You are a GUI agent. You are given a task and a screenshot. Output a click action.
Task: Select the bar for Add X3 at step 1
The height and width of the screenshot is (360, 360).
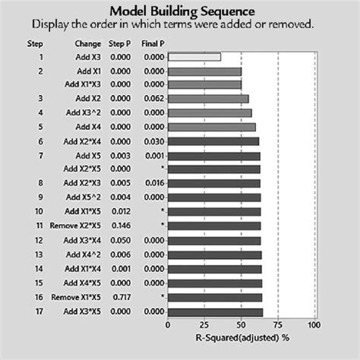pyautogui.click(x=194, y=56)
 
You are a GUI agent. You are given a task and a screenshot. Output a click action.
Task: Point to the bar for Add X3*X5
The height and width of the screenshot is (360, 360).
pyautogui.click(x=215, y=311)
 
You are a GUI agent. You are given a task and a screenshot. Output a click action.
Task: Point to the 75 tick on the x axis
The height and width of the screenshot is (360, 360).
pyautogui.click(x=278, y=324)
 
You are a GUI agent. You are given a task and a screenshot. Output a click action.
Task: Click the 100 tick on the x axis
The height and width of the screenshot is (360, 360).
pyautogui.click(x=314, y=324)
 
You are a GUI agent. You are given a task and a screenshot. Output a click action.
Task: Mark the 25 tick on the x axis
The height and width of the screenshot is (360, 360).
pyautogui.click(x=204, y=324)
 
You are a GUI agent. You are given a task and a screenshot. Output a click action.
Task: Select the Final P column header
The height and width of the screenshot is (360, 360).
pyautogui.click(x=153, y=43)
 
